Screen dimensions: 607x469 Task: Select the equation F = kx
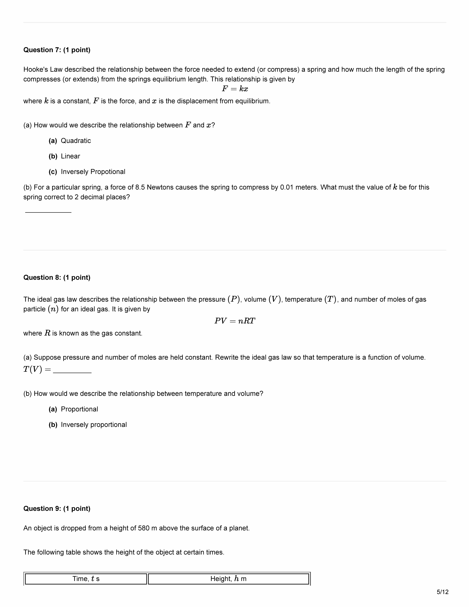click(235, 89)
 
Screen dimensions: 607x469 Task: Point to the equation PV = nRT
click(235, 321)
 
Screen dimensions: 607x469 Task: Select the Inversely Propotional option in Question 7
click(93, 172)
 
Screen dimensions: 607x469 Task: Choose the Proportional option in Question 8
click(79, 409)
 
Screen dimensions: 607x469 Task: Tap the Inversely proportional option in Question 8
click(94, 425)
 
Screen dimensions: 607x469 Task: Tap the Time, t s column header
click(86, 579)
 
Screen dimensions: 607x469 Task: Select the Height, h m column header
click(228, 579)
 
